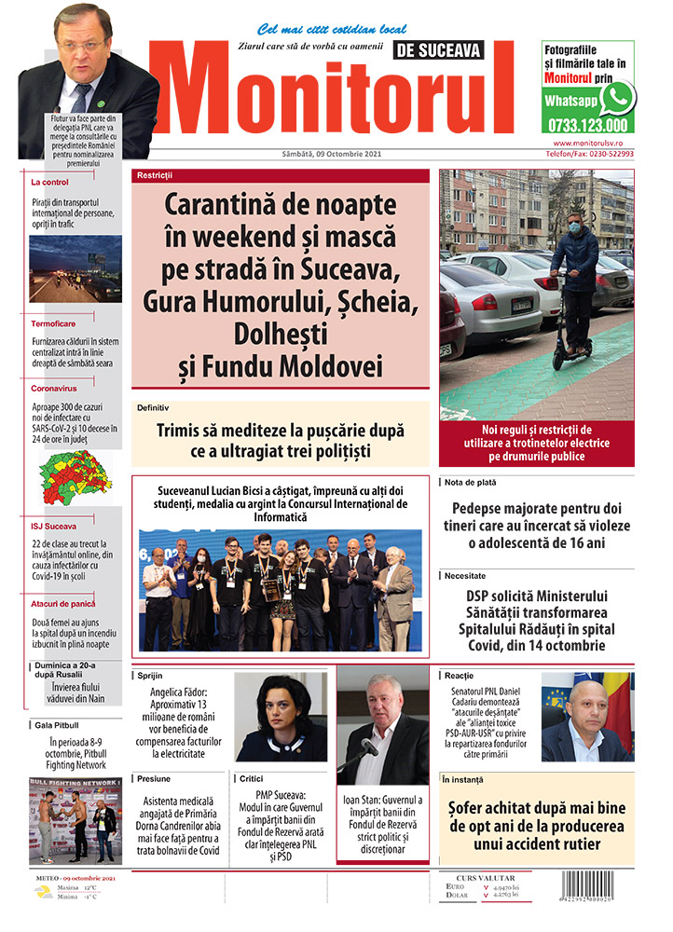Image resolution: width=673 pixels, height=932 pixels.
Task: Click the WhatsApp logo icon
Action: point(616,98)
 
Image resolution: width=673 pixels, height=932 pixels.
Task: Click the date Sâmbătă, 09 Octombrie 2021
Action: point(330,154)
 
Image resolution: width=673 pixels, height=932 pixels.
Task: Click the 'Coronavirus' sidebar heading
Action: point(55,388)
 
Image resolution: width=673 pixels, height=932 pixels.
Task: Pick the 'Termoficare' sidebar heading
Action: point(53,323)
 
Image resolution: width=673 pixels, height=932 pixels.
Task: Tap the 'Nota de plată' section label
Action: point(470,483)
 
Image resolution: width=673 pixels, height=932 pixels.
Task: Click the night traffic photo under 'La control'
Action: point(75,269)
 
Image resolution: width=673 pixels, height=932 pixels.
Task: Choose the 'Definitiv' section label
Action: point(153,408)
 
